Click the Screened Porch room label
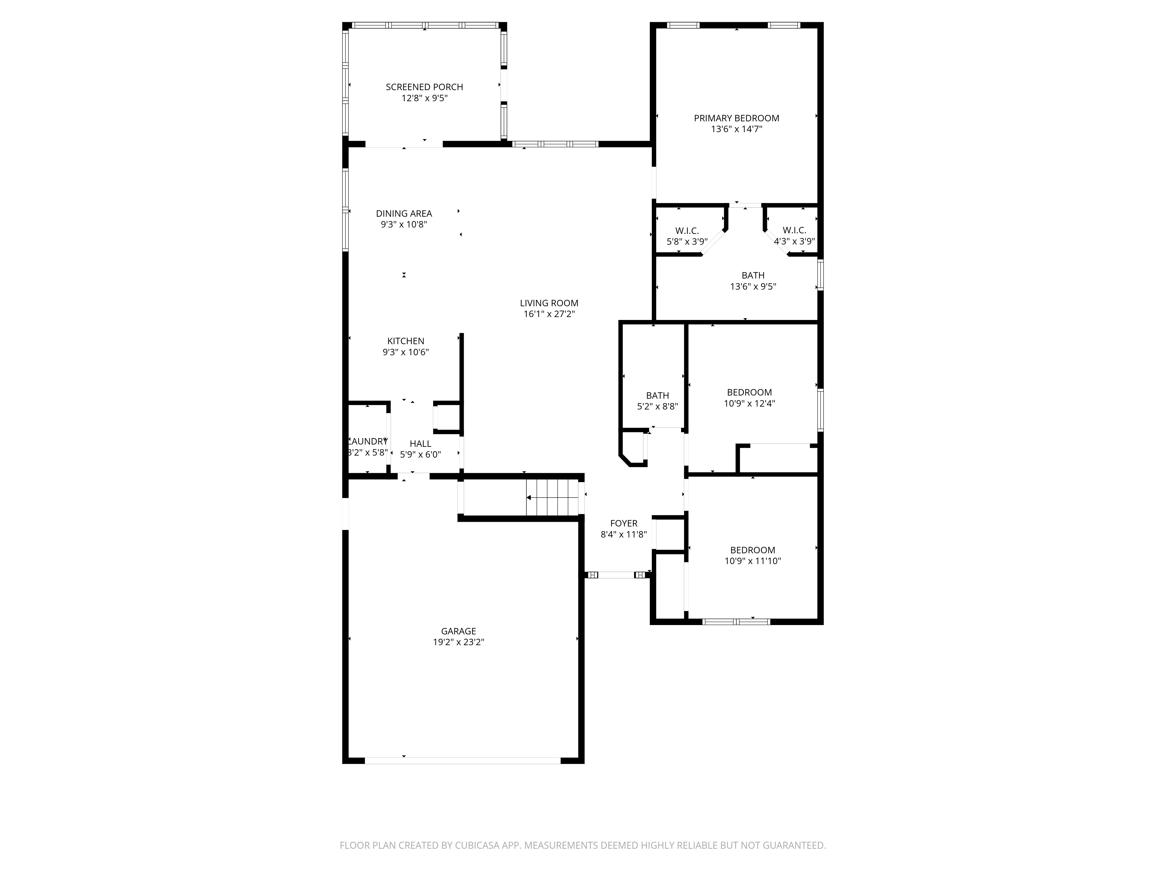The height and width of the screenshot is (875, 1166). pos(424,87)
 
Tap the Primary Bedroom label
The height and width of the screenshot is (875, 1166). pos(736,118)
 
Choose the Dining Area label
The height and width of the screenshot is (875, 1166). pos(404,213)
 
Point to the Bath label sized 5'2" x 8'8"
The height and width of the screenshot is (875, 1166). pos(657,395)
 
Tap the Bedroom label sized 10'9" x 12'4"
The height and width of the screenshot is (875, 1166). pos(749,392)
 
